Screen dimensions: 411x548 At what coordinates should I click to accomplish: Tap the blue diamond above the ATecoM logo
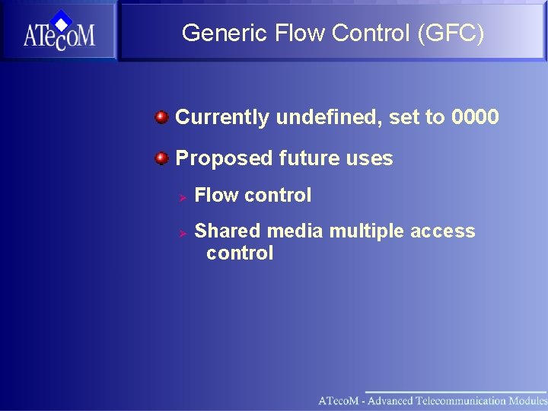pos(61,18)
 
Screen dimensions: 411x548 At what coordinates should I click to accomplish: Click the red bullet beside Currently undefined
pos(161,117)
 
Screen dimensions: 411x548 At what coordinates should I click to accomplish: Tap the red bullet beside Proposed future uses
pos(161,158)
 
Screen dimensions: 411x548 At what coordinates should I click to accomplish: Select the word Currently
pos(222,117)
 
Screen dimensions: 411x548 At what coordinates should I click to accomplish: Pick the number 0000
pos(475,117)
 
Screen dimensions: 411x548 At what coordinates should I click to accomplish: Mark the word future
pos(307,158)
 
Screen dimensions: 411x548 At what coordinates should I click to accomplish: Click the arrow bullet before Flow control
pos(183,196)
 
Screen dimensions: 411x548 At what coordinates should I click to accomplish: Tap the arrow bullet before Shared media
pos(183,232)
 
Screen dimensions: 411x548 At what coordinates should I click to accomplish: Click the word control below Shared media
pos(239,253)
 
